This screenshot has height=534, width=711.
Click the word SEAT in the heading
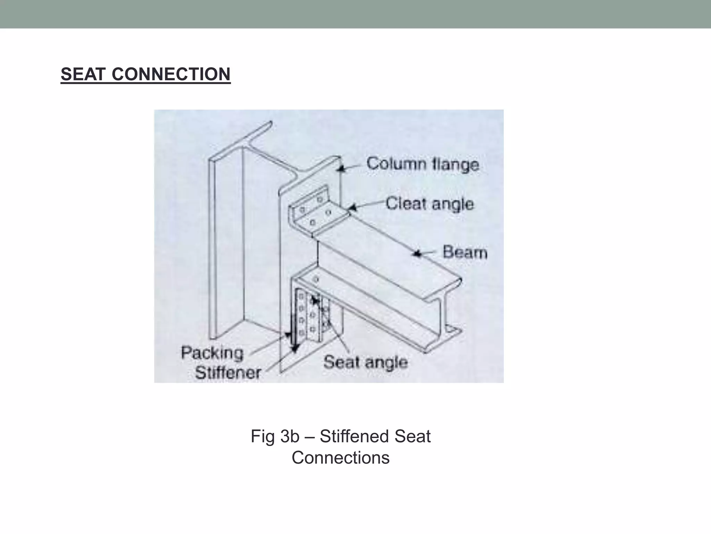point(82,74)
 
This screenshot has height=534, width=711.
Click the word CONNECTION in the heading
point(171,74)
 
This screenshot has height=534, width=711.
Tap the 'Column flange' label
point(423,164)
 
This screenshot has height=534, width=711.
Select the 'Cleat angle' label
point(429,204)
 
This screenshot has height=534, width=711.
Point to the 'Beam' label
point(465,252)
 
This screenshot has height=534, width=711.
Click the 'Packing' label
point(212,353)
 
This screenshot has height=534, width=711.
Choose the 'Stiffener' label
point(228,373)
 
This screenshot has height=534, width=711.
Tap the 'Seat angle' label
point(365,362)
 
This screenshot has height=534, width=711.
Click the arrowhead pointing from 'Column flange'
point(342,169)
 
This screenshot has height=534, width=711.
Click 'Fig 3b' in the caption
point(275,436)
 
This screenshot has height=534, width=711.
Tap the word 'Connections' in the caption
point(341,458)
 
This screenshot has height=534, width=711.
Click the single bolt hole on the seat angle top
point(316,279)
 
